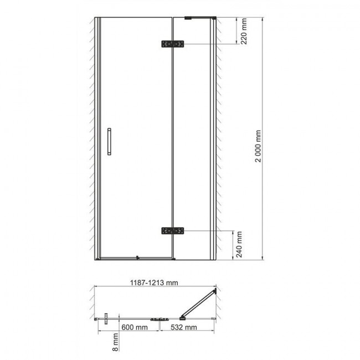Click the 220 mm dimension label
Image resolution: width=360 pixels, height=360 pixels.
tap(244, 31)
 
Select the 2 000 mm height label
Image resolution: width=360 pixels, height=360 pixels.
tap(258, 146)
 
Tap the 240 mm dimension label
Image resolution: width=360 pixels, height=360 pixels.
tap(239, 244)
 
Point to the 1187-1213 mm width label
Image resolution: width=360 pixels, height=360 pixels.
tap(154, 282)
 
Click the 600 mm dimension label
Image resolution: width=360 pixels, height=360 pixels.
tap(135, 327)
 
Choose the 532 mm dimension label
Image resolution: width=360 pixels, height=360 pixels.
tap(184, 327)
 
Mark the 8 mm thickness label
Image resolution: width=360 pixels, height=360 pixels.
tap(116, 342)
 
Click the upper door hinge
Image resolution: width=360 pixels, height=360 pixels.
tap(173, 44)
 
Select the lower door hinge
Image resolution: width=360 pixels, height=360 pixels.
tap(173, 231)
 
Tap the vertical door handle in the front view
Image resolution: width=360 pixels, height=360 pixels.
tap(109, 141)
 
